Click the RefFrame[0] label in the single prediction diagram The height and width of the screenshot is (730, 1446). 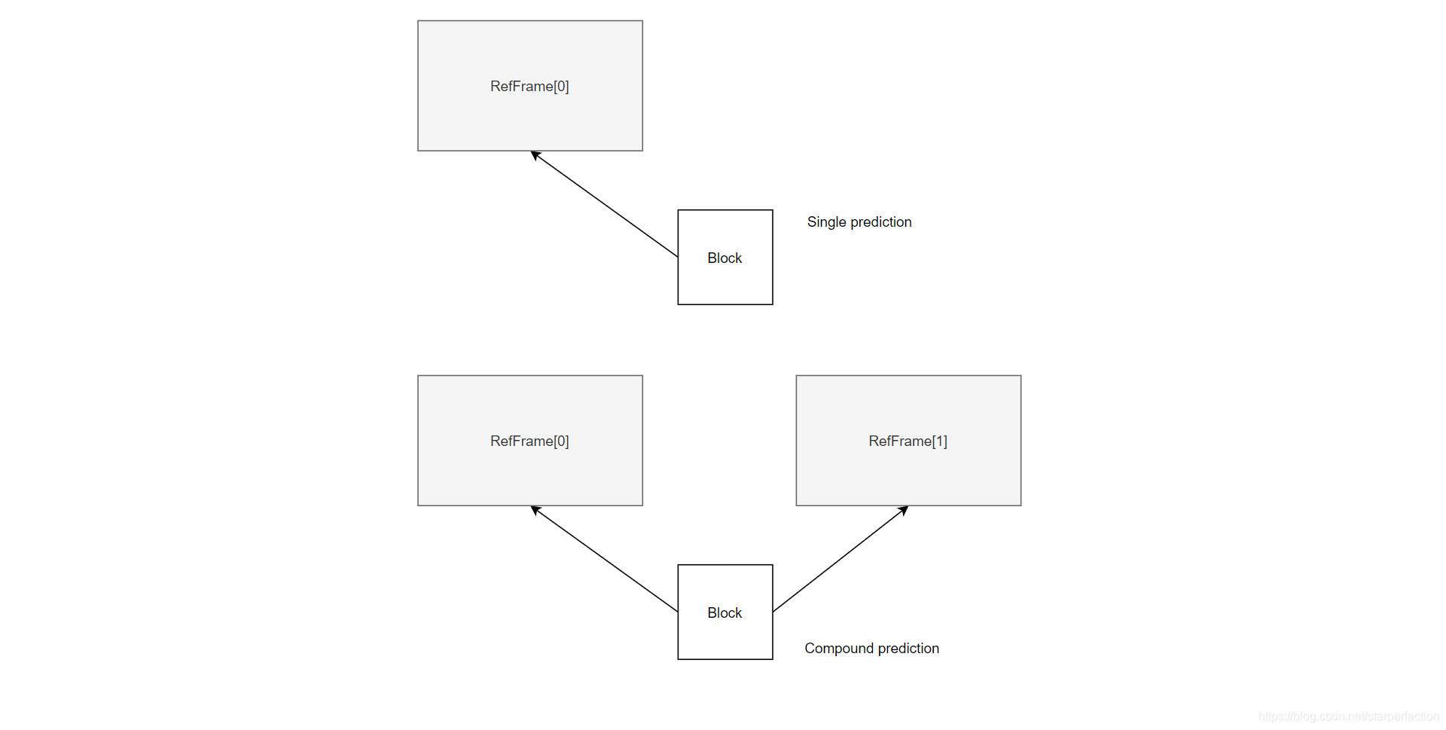pos(529,87)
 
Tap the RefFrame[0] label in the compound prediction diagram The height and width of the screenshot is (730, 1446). pos(529,441)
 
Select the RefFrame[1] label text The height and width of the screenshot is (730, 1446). pos(908,441)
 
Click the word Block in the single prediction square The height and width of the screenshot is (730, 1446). pos(725,258)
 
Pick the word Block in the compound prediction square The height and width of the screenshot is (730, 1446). pos(725,613)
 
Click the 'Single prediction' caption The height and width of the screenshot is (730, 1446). pos(859,222)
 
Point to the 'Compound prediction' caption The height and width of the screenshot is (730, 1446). pos(871,649)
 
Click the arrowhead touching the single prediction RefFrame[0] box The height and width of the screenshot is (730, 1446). pos(535,155)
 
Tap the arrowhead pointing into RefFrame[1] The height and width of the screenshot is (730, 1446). pos(904,510)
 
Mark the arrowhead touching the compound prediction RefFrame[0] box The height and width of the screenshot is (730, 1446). pos(535,510)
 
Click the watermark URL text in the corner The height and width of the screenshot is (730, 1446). pos(1348,716)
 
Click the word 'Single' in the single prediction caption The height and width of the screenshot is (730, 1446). pos(826,222)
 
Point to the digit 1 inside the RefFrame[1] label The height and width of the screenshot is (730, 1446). pos(939,441)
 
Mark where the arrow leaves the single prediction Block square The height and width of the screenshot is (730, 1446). pos(677,257)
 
